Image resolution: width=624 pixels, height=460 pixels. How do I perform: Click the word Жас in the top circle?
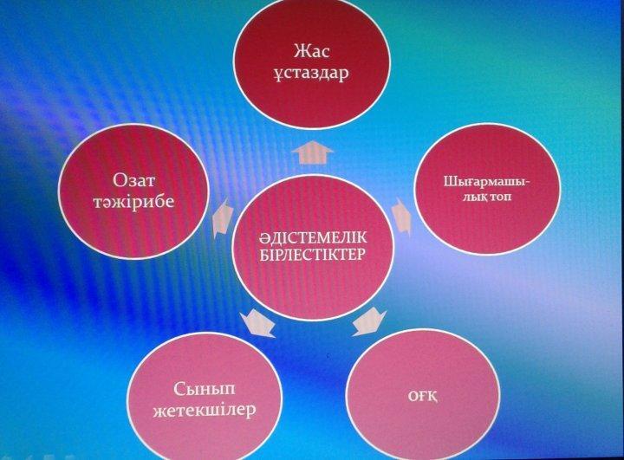click(312, 51)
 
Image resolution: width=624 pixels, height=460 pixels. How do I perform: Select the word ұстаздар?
click(311, 74)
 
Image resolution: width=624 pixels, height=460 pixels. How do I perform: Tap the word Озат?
click(133, 180)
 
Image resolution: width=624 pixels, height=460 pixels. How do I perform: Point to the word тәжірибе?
click(133, 202)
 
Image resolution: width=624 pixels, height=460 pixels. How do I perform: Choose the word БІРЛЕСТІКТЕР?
click(313, 255)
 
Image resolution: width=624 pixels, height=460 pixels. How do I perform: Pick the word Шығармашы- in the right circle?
click(487, 183)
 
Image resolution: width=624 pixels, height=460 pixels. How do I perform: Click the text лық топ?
click(487, 197)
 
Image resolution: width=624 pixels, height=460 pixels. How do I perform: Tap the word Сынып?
click(205, 389)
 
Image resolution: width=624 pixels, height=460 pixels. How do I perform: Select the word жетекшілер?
click(205, 411)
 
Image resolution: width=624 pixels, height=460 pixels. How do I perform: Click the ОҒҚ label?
click(423, 397)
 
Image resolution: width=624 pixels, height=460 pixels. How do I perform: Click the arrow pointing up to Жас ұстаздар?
click(312, 152)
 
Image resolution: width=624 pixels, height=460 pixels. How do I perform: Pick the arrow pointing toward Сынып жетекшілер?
click(258, 323)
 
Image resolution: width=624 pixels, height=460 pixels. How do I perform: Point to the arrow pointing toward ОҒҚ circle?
click(369, 321)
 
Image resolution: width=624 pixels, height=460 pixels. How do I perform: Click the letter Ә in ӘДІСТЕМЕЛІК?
click(264, 238)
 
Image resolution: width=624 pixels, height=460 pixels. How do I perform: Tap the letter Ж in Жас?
click(302, 51)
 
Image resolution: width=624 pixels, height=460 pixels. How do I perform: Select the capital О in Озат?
click(120, 180)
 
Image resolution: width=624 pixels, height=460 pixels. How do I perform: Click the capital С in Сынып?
click(179, 388)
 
